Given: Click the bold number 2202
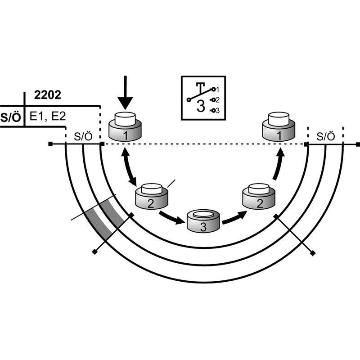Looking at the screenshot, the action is coord(48,95).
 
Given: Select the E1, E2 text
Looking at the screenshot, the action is coord(48,116).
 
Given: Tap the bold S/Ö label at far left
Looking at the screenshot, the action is coord(10,117).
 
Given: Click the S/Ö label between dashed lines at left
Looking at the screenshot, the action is coord(83,136).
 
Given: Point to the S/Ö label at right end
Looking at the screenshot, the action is coord(325,136).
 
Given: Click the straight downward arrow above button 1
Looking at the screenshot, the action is coord(126,93).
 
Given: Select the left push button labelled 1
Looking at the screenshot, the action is coord(125,126).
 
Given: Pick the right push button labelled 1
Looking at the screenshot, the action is coord(279,126).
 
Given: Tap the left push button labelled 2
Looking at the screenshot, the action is coord(152,196).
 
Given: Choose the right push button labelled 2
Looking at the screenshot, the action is coord(259,196).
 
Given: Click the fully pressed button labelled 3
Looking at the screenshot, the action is coord(203,220).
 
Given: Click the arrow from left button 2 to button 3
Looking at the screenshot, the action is coord(172,218).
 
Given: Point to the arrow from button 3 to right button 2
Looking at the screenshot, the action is coord(234,218).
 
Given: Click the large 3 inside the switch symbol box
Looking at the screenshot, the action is coord(201,106).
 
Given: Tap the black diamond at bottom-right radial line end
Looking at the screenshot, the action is coord(312,253).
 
